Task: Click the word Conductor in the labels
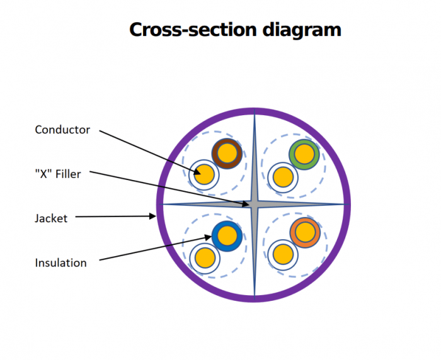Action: (x=62, y=130)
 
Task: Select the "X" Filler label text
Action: (x=58, y=174)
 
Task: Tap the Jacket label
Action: (x=50, y=218)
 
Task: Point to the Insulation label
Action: (x=60, y=262)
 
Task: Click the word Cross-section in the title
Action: (x=187, y=29)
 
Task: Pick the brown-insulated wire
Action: (x=227, y=153)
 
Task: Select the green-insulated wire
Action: (x=304, y=154)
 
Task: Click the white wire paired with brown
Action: (x=205, y=174)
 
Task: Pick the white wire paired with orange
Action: (x=283, y=254)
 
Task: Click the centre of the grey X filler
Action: (x=255, y=204)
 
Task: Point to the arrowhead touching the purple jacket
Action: (x=154, y=217)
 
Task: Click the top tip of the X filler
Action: (x=255, y=116)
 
